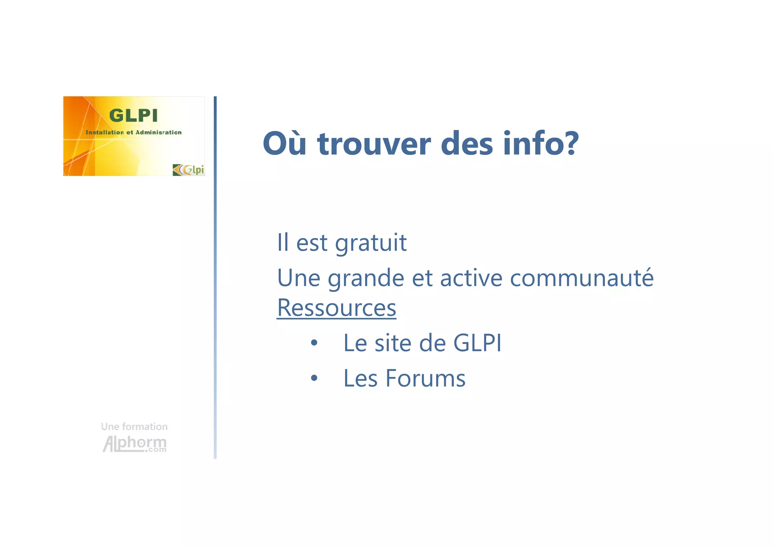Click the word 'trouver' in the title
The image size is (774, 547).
click(374, 144)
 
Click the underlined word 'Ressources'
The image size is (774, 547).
click(336, 308)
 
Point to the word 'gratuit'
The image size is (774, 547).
click(370, 243)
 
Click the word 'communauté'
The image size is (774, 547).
click(582, 278)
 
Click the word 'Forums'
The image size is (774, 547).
click(425, 378)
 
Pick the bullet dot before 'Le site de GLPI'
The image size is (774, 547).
click(314, 343)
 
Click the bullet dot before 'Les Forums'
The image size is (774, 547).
click(314, 378)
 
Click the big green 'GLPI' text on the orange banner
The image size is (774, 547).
click(133, 115)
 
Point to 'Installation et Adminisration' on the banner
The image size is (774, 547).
click(133, 132)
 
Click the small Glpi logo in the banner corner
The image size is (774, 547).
click(188, 170)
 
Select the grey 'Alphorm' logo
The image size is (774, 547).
click(134, 444)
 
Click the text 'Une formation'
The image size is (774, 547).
click(134, 427)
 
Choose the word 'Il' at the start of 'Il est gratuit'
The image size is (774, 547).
click(283, 242)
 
